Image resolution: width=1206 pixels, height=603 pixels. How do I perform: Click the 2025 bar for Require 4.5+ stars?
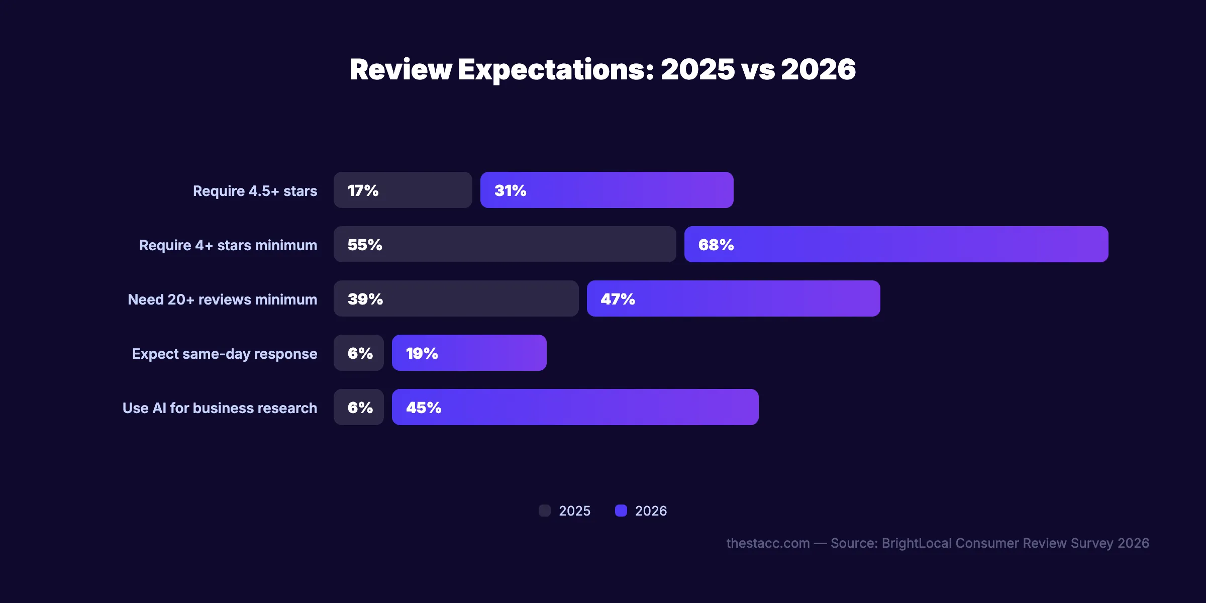[x=403, y=190]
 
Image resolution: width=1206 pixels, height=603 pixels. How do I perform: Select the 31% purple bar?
[x=607, y=190]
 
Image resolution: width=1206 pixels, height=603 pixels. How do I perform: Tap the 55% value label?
[x=365, y=245]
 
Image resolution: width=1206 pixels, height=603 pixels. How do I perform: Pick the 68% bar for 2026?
[x=896, y=244]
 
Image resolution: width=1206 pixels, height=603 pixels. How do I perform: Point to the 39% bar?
[x=456, y=298]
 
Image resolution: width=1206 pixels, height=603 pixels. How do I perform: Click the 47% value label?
[x=618, y=299]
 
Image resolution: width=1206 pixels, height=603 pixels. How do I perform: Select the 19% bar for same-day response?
[x=469, y=353]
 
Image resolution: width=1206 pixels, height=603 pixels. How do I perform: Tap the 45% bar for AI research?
[x=575, y=407]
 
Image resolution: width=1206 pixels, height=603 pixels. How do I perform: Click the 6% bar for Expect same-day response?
[x=358, y=353]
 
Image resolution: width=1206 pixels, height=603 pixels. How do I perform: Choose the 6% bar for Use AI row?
[x=358, y=407]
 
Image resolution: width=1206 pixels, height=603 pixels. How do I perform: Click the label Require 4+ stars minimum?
[x=228, y=245]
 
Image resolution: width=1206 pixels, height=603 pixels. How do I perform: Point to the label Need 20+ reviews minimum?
[x=222, y=299]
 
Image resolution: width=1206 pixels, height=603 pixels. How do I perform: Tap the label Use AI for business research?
[x=220, y=408]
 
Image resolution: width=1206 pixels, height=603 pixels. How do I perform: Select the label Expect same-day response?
[x=225, y=354]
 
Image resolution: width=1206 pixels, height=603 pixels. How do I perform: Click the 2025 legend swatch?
[x=545, y=511]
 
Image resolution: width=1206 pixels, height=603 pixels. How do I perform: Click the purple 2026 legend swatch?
[x=621, y=511]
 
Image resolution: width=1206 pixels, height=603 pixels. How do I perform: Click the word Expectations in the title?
[x=556, y=69]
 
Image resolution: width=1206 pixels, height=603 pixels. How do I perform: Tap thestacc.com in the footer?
[x=768, y=543]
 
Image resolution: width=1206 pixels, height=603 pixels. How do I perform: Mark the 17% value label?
[x=363, y=190]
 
